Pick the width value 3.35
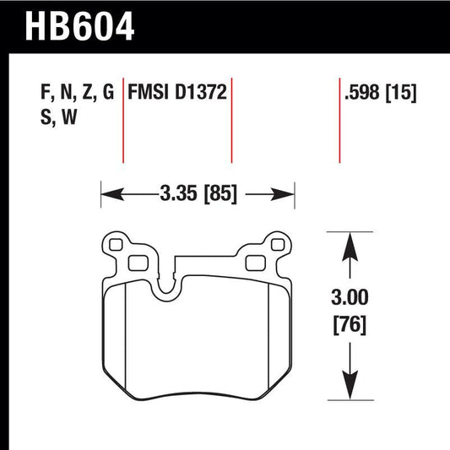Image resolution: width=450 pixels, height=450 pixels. click(x=176, y=193)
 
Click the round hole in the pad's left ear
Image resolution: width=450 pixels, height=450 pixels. click(x=117, y=247)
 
